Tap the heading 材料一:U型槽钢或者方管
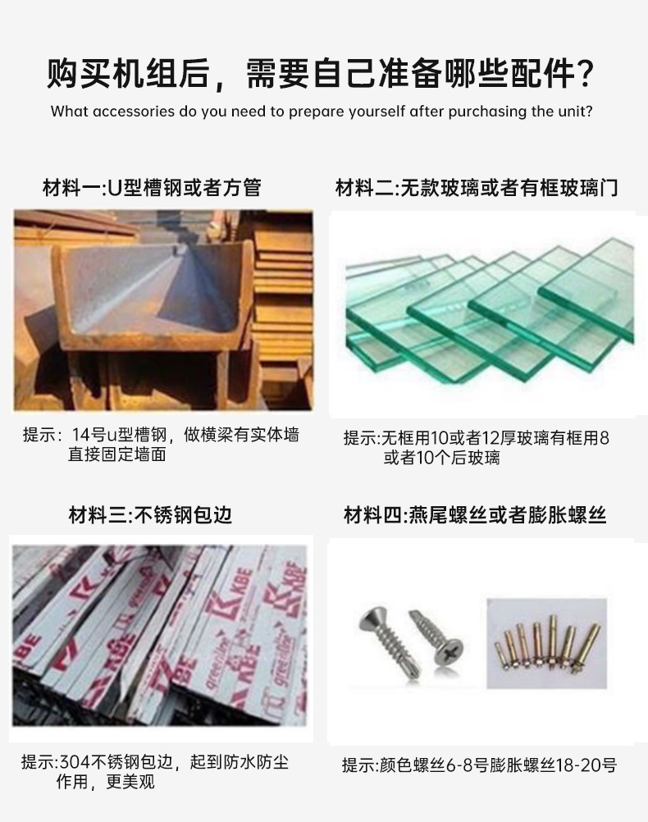152,188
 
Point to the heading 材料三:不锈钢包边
150,514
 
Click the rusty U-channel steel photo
162,310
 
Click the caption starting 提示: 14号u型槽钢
160,444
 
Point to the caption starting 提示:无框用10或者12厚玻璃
476,447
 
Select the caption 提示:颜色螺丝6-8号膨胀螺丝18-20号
479,765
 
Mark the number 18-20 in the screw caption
574,765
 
